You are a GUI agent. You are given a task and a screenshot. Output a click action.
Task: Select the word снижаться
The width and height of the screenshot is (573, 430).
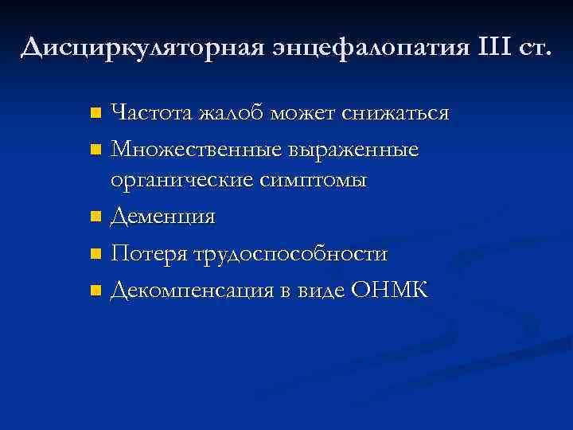(x=395, y=113)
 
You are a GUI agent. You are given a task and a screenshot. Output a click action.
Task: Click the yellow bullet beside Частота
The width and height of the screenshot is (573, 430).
(x=95, y=113)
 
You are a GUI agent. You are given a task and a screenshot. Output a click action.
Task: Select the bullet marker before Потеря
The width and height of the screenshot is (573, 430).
(x=95, y=255)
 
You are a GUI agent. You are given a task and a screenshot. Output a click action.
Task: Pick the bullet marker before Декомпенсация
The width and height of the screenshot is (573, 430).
(x=95, y=291)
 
